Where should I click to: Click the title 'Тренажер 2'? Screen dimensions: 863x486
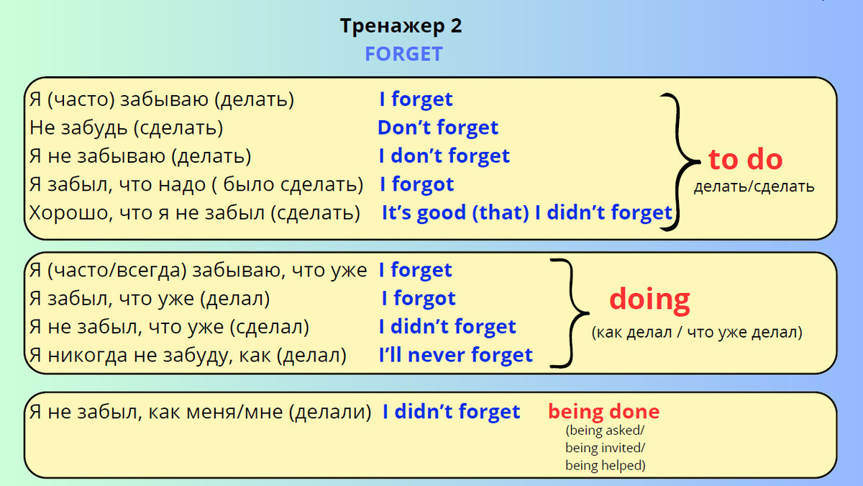401,26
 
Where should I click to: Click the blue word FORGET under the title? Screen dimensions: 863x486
403,53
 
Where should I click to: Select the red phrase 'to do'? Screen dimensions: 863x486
746,159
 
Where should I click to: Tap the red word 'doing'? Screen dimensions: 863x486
649,300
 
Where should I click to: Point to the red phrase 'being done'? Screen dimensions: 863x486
603,412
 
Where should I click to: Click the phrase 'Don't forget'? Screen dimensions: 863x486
438,127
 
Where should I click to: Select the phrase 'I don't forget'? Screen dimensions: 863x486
444,156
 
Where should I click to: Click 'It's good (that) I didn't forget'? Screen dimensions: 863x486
527,213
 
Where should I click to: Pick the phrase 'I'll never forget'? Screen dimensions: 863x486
456,355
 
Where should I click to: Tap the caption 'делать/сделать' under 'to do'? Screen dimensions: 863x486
754,186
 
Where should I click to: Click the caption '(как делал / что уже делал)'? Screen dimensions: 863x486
697,332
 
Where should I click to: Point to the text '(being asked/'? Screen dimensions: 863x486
605,431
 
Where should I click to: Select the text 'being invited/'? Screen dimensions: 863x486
605,448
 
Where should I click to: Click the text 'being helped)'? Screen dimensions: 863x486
606,466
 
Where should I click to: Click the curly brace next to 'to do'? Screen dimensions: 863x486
679,162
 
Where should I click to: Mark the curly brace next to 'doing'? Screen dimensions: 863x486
570,312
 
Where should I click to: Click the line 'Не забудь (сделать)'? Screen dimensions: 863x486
127,128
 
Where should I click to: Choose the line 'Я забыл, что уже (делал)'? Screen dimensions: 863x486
150,299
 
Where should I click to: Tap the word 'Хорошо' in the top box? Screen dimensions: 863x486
71,213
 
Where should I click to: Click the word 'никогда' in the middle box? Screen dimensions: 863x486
88,355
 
